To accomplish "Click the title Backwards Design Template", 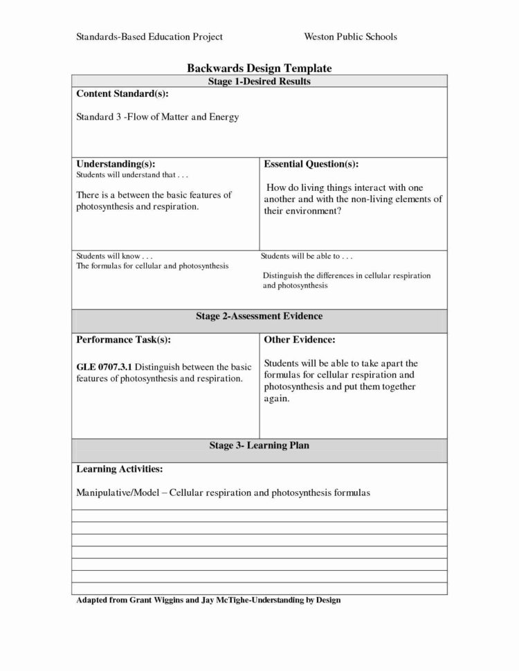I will [259, 68].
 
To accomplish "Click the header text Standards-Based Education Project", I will [148, 36].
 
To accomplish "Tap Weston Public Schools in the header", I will [350, 36].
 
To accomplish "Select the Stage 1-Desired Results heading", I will [259, 81].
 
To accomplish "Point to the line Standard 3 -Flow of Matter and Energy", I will [157, 117].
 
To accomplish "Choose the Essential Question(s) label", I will [311, 164].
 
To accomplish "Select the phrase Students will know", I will [109, 256].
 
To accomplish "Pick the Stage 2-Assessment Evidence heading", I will [259, 316].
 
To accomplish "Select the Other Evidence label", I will [300, 340].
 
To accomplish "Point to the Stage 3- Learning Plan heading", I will [259, 445].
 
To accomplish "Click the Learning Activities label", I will [119, 469].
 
